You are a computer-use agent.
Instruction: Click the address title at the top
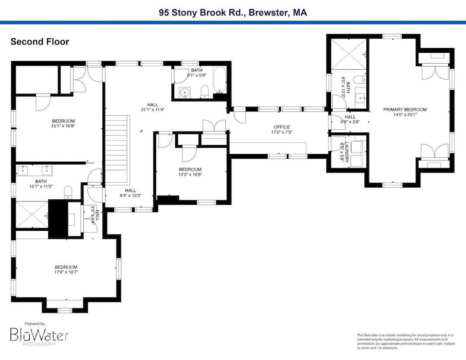point(233,12)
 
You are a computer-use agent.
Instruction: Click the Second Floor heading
point(40,42)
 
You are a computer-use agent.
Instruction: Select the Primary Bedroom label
point(405,110)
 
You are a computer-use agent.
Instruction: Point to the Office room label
point(282,127)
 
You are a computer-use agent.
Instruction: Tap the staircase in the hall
point(117,148)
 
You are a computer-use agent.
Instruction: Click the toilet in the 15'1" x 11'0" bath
point(68,192)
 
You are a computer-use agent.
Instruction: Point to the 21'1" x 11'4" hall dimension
point(152,110)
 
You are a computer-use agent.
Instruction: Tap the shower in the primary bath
point(348,55)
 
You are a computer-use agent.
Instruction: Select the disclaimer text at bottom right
point(405,341)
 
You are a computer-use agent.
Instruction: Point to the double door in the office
point(213,126)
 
